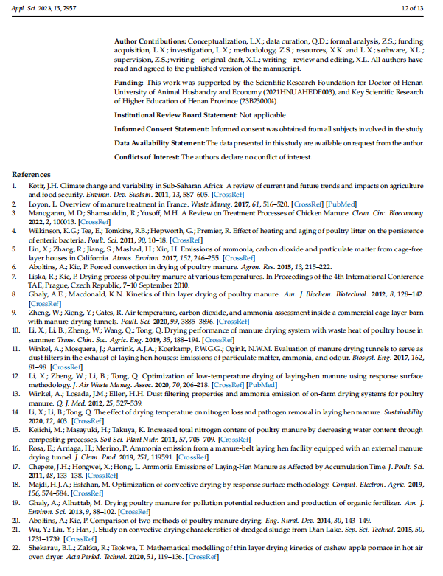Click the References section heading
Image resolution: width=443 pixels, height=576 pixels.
[x=32, y=174]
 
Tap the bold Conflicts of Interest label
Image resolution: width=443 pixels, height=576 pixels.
[x=147, y=157]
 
